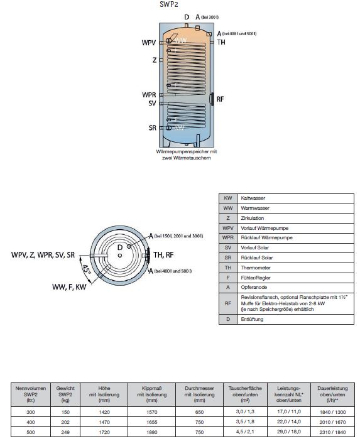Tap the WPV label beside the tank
pos(148,43)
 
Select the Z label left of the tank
pos(154,61)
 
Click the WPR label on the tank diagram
pos(149,95)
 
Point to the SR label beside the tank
pos(152,127)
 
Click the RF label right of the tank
pos(220,100)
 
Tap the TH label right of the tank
pos(221,42)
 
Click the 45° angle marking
pos(86,271)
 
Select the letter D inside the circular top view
pos(119,247)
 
